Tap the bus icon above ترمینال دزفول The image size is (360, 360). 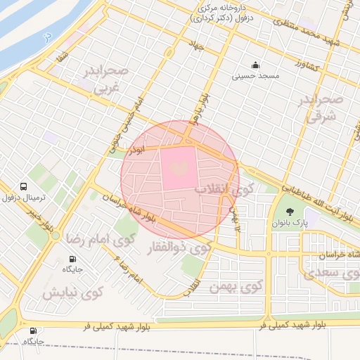click(24, 188)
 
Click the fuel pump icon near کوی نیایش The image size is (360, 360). click(33, 331)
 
